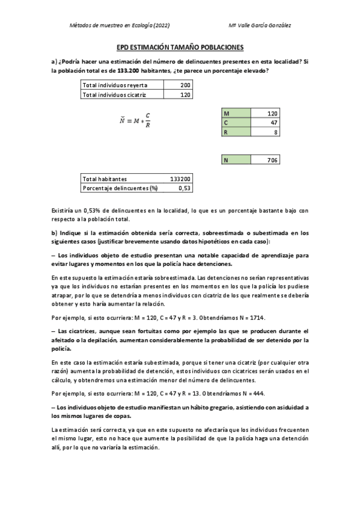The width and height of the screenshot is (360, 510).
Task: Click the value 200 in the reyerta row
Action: point(185,86)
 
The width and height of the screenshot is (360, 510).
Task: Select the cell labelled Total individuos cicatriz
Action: point(114,95)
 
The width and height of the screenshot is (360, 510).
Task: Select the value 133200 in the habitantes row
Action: point(180,179)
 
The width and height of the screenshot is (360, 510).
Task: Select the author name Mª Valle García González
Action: point(261,26)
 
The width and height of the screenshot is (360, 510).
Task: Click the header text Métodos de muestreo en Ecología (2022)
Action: point(120,26)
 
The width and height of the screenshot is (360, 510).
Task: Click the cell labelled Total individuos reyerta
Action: point(114,86)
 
